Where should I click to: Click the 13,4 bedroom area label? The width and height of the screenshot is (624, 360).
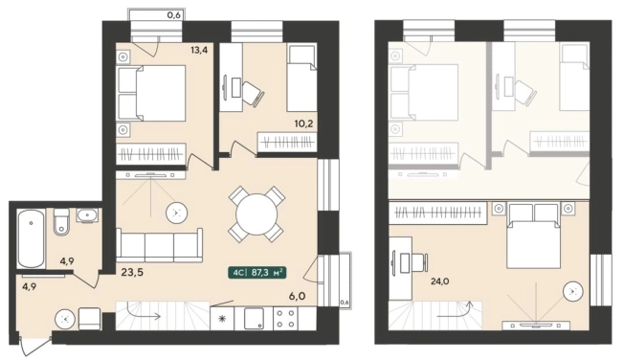pos(199,50)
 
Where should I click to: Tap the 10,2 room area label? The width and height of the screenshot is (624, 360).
pos(303,124)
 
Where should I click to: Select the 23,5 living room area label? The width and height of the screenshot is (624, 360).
pos(132,272)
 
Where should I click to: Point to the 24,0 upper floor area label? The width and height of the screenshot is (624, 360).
pos(439,281)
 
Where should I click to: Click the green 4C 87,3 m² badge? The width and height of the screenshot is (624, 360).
pos(257,273)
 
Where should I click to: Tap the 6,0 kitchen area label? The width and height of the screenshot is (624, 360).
pos(298,296)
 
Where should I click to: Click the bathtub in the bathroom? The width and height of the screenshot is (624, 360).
pos(31,239)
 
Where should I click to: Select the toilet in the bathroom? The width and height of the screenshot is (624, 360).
pos(61,221)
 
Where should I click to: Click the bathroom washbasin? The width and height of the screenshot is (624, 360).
pos(87,215)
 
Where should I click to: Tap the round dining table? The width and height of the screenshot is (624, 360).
pos(256,214)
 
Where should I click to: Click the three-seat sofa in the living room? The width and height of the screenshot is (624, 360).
pos(159,245)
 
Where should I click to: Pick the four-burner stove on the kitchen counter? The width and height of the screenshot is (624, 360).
pos(286,319)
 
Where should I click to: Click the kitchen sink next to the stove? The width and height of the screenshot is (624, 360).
pos(254,319)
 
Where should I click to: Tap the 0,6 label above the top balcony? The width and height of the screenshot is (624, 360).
pos(174,15)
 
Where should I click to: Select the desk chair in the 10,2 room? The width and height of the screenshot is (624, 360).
pos(253,94)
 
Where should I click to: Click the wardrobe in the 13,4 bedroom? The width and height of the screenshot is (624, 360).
pos(151,154)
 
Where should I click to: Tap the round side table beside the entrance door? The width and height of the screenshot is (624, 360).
pos(65,319)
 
